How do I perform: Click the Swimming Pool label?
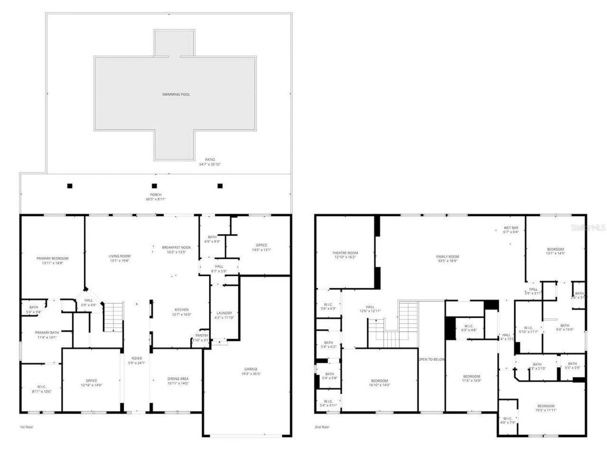(x=176, y=94)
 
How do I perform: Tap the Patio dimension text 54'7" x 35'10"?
(x=210, y=164)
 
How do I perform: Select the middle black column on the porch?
(x=154, y=186)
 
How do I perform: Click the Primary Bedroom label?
(x=53, y=258)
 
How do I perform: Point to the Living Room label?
(x=120, y=256)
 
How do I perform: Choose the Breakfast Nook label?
(x=176, y=247)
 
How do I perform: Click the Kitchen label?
(x=181, y=310)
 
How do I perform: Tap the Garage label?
(x=251, y=369)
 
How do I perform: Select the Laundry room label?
(x=224, y=313)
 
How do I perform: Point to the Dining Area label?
(x=178, y=379)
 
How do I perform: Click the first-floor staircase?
(x=114, y=317)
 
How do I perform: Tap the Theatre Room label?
(x=345, y=253)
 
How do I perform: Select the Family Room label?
(x=448, y=257)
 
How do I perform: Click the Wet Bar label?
(x=511, y=228)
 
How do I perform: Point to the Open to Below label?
(x=432, y=359)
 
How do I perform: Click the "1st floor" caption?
(x=27, y=427)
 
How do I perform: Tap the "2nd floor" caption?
(x=322, y=427)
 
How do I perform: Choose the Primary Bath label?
(x=47, y=333)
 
